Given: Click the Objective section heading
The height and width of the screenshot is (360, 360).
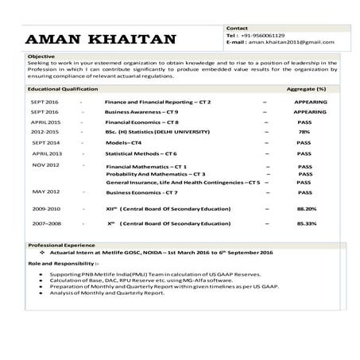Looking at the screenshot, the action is point(41,57).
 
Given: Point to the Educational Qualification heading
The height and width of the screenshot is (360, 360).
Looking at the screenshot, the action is point(63,90).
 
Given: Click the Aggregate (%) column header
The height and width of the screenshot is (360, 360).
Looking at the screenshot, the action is point(306,90).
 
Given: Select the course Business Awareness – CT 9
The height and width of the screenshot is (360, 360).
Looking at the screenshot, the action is point(142,113).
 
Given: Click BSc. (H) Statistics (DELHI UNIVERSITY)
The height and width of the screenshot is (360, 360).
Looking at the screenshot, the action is point(157,132).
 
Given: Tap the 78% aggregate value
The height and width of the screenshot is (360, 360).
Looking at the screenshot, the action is point(304,132).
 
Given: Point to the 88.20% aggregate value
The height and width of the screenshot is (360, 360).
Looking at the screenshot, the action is point(306,208).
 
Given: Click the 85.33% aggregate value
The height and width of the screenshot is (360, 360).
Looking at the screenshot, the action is point(306,223).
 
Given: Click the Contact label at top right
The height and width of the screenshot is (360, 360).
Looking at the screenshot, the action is point(237,28).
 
